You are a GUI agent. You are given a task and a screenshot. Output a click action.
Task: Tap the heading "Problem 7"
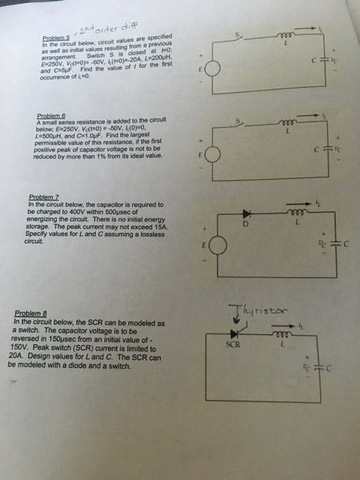[42, 197]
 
